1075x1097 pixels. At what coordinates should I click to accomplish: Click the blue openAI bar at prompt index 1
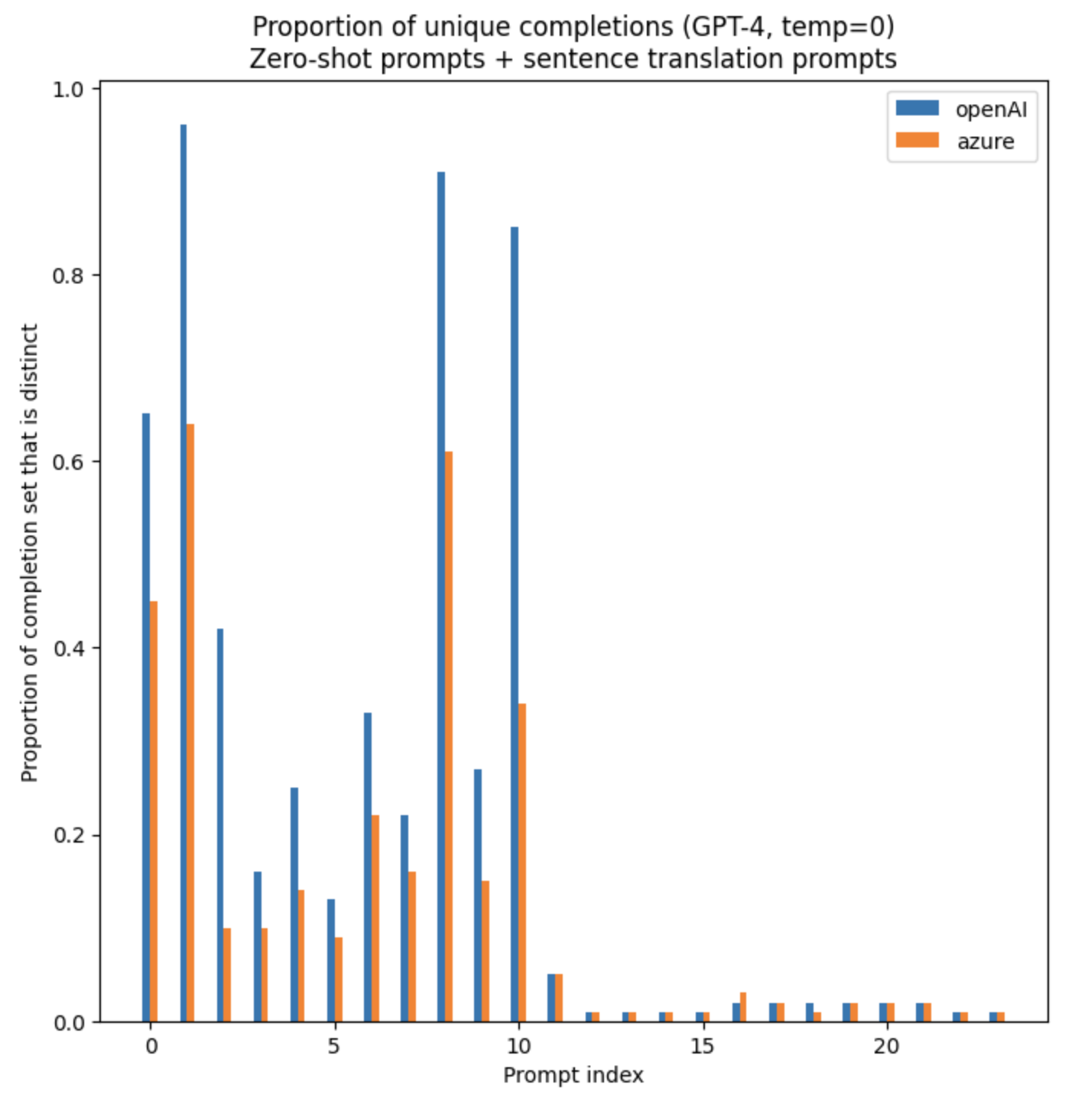coord(183,573)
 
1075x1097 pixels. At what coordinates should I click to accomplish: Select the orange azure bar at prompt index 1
coord(190,723)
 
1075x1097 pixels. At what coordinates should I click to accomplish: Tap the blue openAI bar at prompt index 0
coord(146,717)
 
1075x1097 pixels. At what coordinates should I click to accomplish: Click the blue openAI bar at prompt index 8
coord(441,597)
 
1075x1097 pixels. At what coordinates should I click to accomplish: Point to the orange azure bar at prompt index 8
coord(449,736)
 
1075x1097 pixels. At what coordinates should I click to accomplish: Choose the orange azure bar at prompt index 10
coord(522,862)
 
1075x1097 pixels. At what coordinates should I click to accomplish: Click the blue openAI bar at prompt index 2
coord(220,825)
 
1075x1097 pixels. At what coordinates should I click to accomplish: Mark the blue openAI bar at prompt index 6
coord(368,867)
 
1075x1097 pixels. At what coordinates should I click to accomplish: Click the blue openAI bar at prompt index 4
coord(294,904)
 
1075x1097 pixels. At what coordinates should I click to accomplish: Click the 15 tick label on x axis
coord(702,1046)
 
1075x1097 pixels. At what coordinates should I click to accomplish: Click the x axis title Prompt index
coord(573,1076)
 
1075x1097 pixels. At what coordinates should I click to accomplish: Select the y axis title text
coord(29,553)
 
